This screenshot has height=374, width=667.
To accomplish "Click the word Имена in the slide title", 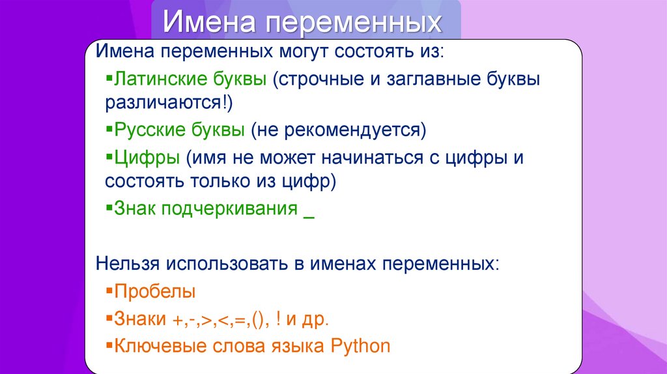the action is pos(209,22).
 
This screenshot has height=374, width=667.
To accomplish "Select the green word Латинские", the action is pos(190,79).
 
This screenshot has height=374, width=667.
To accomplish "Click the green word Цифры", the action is pos(147,158).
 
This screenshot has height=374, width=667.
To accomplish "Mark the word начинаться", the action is pos(372,158).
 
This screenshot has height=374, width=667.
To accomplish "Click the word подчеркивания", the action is pos(229,209).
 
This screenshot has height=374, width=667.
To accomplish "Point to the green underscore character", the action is pos(309,218).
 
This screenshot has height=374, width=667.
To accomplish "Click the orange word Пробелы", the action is pos(155,291).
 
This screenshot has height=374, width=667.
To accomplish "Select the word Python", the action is pos(360,347).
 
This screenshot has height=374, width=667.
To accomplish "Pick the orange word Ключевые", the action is pos(161,346).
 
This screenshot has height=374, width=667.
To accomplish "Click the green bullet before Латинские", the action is pos(109,78).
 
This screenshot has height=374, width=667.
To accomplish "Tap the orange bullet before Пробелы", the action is pos(109,291).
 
